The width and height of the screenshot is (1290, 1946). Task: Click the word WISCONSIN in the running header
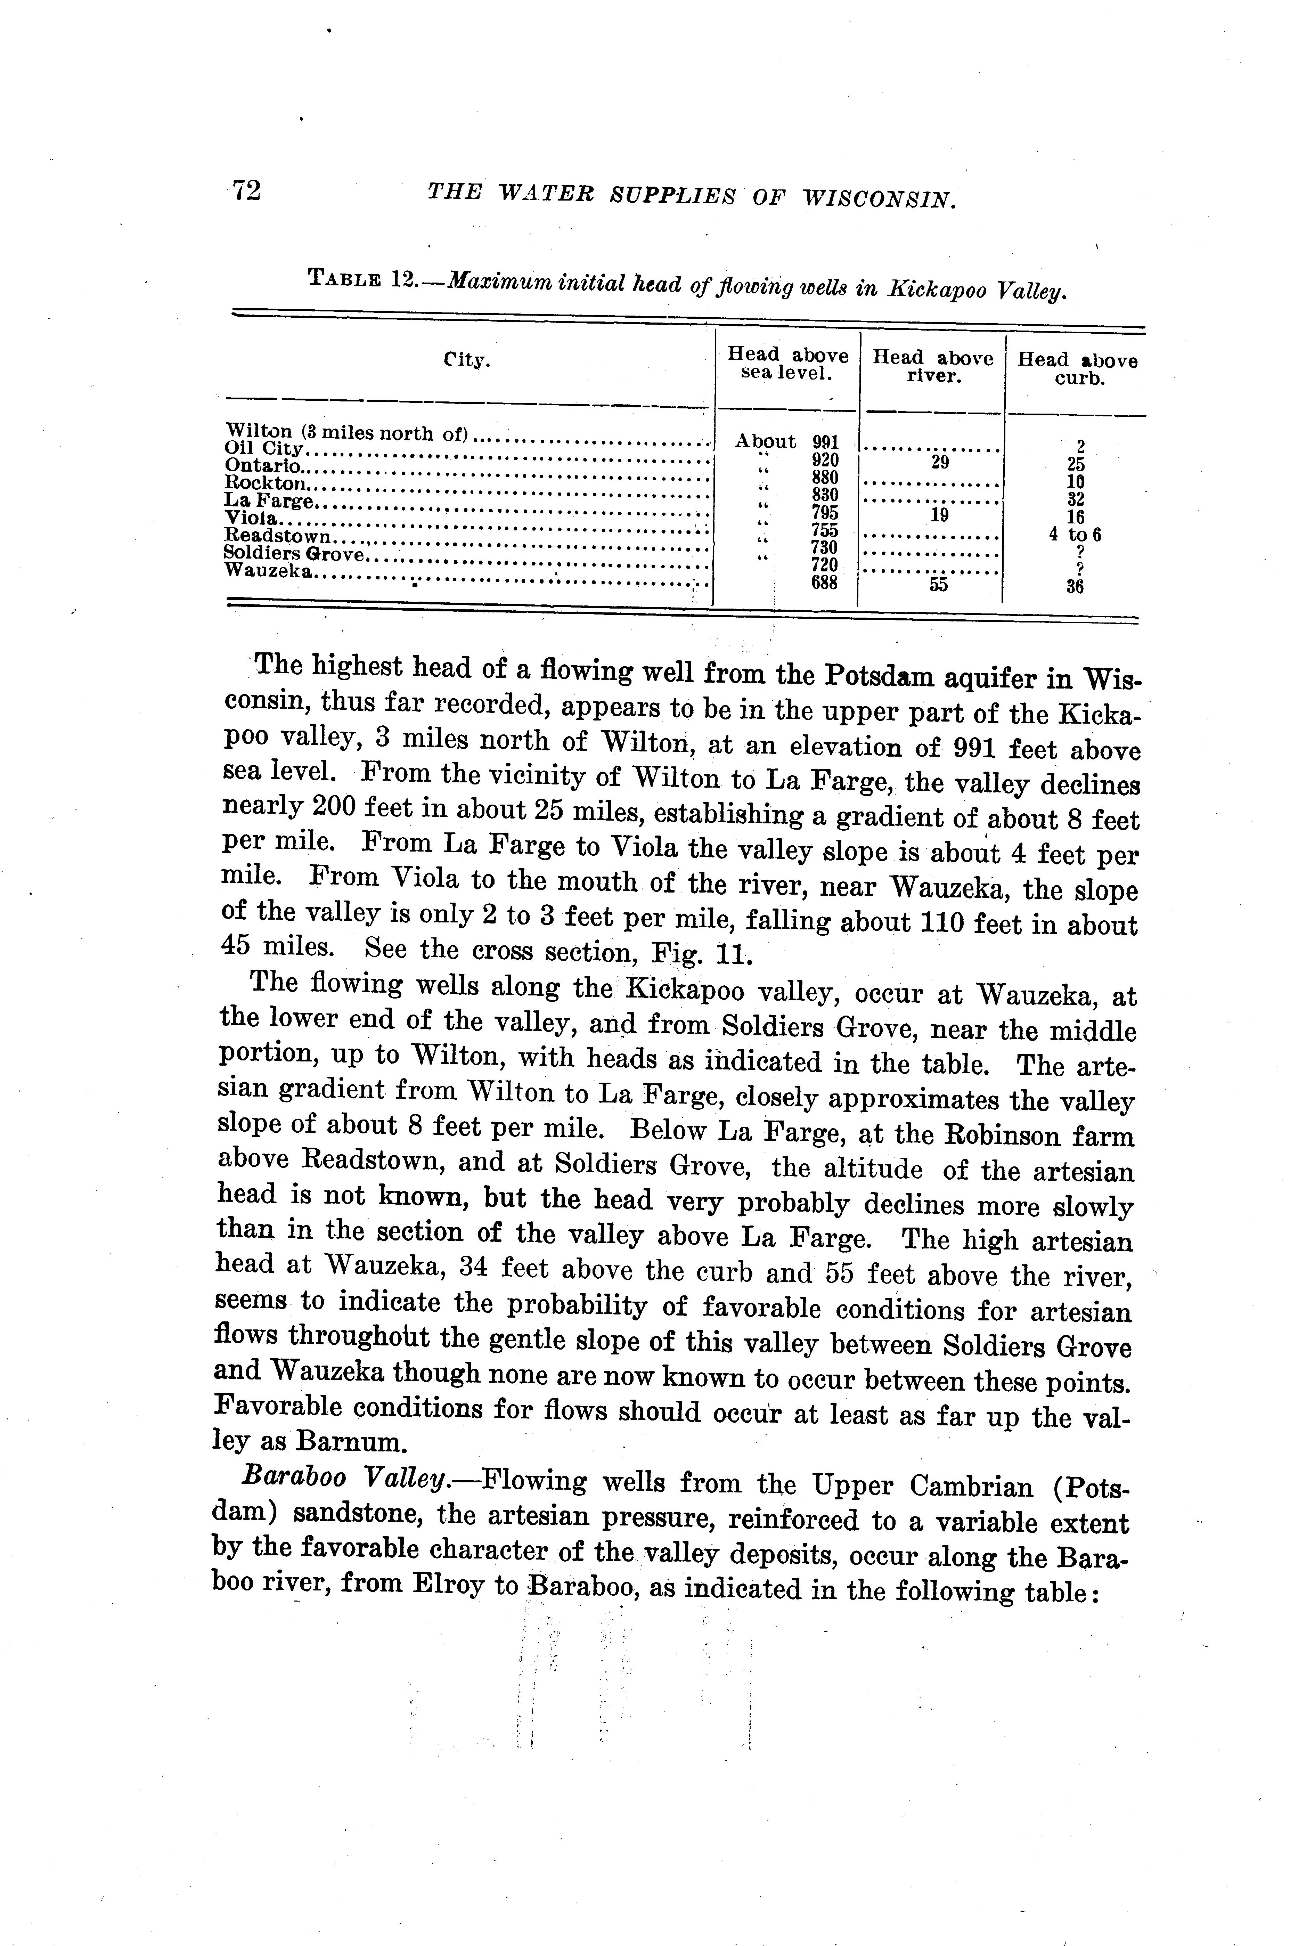879,197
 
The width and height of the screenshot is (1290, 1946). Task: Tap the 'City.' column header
466,360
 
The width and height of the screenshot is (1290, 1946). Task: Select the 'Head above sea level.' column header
787,363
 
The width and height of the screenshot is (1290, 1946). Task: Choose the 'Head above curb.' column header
1078,369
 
